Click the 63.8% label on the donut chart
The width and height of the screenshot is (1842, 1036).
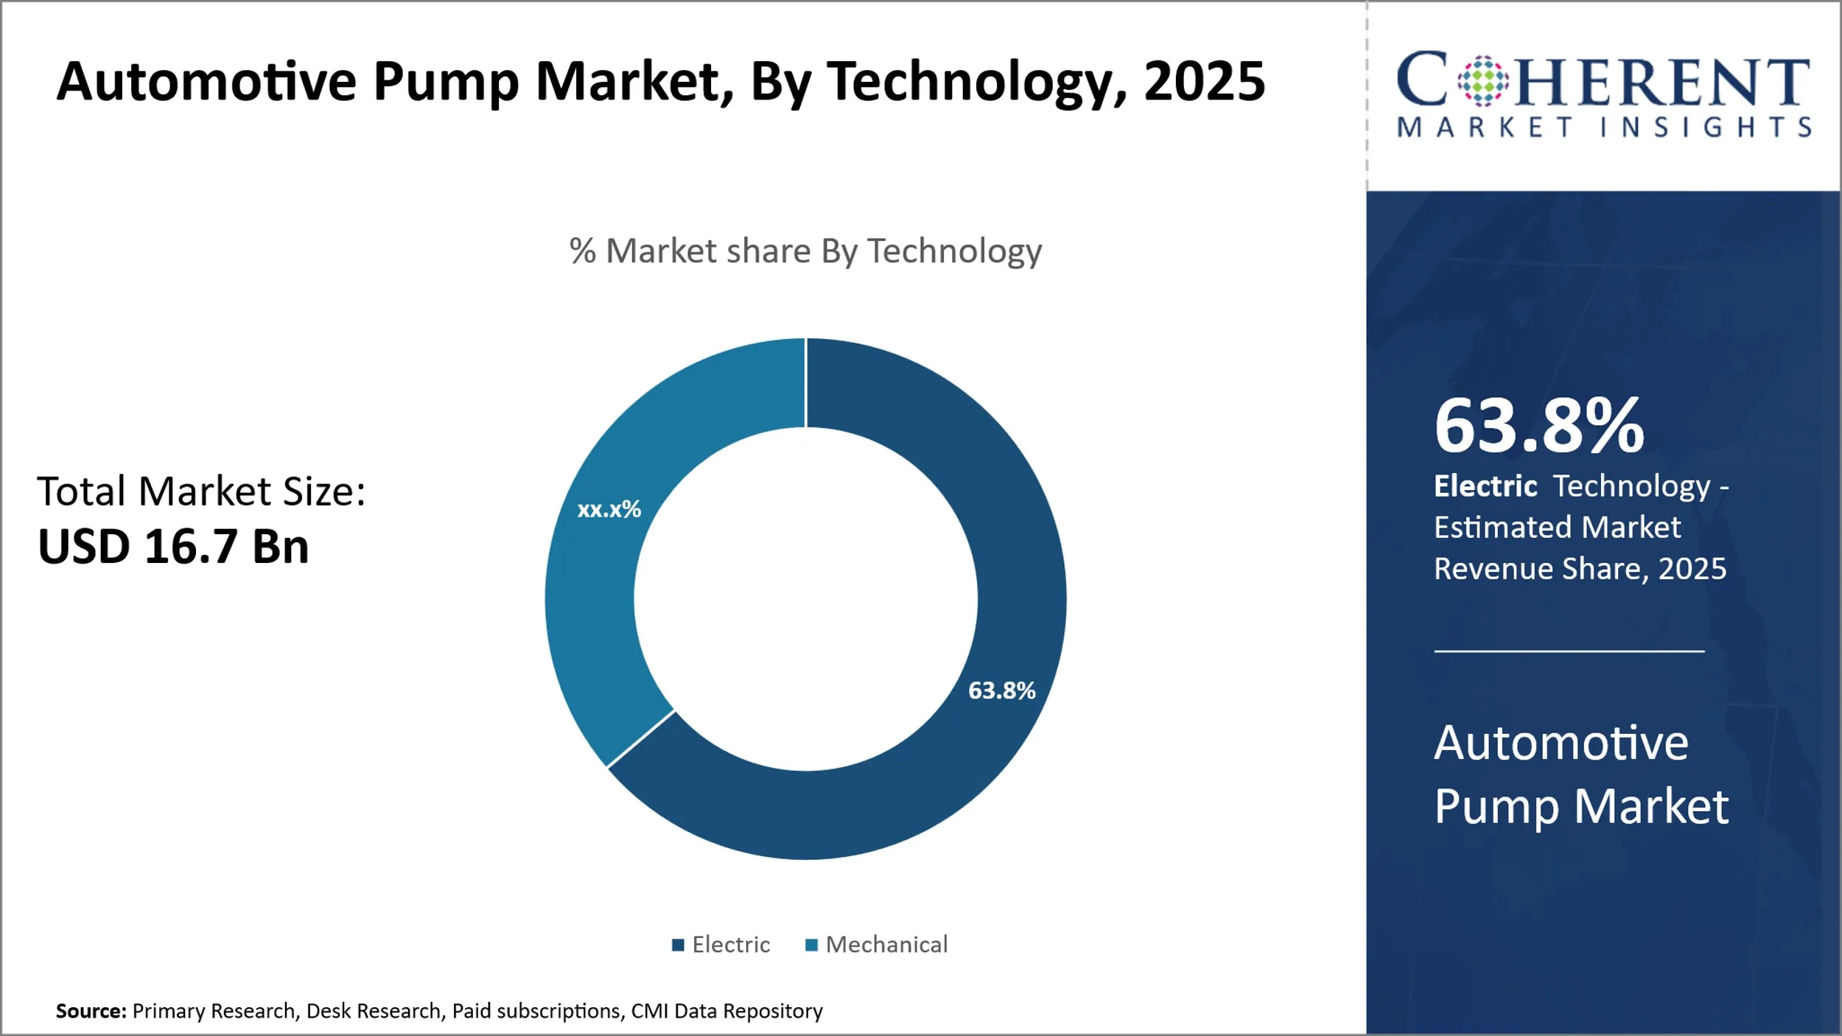click(x=1001, y=690)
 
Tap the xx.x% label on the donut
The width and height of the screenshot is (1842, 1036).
click(x=609, y=509)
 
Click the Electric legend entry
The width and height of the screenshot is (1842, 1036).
click(x=721, y=945)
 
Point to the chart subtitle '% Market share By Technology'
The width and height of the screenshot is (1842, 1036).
click(x=805, y=251)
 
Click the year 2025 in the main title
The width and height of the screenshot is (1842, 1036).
click(x=1204, y=81)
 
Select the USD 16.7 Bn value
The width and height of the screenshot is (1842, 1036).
click(x=173, y=547)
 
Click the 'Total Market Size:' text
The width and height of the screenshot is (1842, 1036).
click(x=201, y=491)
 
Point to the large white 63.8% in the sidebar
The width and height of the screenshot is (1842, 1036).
click(x=1538, y=426)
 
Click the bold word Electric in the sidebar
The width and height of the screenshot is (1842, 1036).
click(x=1485, y=486)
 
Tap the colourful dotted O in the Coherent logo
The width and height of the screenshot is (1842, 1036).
click(x=1483, y=80)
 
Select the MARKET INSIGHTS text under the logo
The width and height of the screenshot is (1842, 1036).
click(x=1604, y=127)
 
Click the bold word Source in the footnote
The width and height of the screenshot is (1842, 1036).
click(x=91, y=1011)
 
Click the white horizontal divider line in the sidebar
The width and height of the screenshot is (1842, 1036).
click(x=1569, y=651)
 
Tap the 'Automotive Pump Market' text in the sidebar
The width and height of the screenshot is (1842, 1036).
click(x=1580, y=774)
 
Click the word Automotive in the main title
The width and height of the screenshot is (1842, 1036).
click(x=206, y=81)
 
